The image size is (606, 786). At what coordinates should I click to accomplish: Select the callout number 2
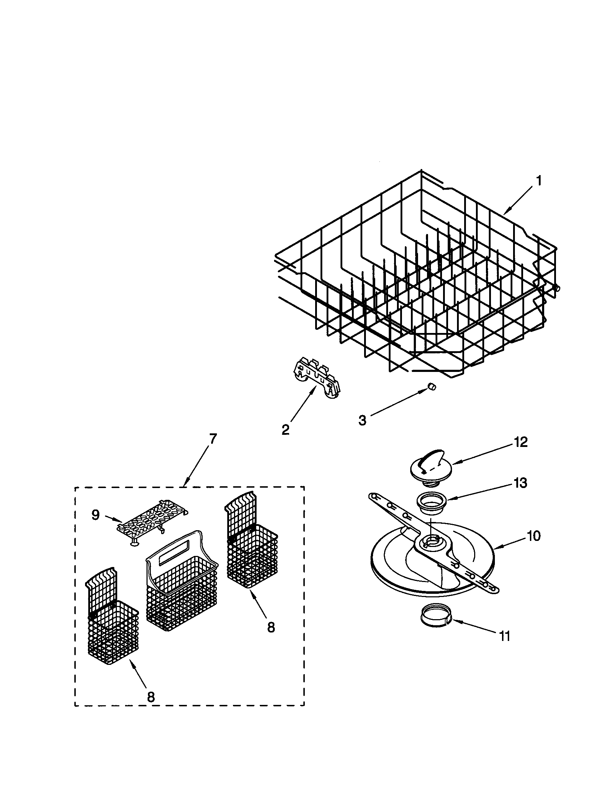click(285, 429)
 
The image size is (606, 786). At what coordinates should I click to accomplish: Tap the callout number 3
click(362, 420)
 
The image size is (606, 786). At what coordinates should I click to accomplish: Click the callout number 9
click(95, 515)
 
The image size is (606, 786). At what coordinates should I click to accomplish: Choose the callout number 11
click(505, 636)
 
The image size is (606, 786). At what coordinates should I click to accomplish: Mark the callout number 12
click(521, 442)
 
